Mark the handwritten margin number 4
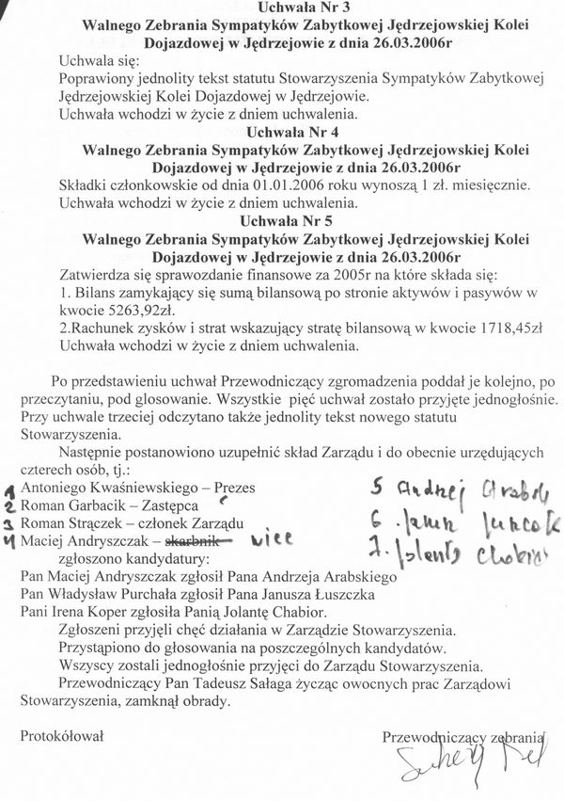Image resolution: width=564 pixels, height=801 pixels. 8,543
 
